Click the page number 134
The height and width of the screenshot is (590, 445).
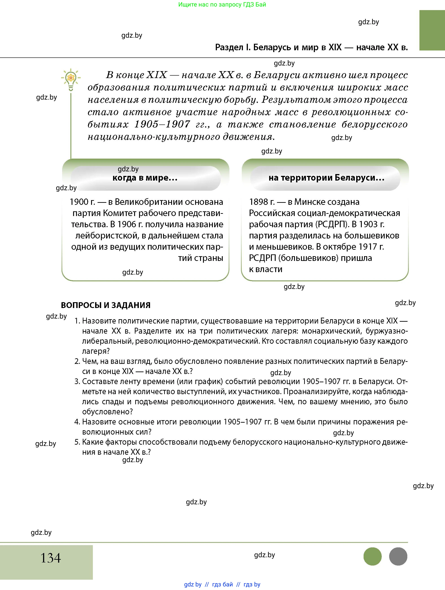(51, 558)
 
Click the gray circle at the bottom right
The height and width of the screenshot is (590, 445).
(398, 556)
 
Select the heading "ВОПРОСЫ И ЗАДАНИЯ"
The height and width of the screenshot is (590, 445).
(106, 305)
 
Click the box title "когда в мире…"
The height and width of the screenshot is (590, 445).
(145, 178)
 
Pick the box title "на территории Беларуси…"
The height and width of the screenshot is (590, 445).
(326, 178)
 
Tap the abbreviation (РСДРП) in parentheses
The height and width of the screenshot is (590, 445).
(332, 224)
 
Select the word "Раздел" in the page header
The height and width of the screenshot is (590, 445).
(229, 47)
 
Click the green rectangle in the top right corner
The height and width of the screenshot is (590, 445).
(432, 30)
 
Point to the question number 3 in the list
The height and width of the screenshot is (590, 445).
(77, 381)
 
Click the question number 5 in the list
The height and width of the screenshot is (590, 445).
(77, 442)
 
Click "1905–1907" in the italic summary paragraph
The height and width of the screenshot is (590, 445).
(162, 124)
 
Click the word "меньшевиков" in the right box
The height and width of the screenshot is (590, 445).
(284, 247)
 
